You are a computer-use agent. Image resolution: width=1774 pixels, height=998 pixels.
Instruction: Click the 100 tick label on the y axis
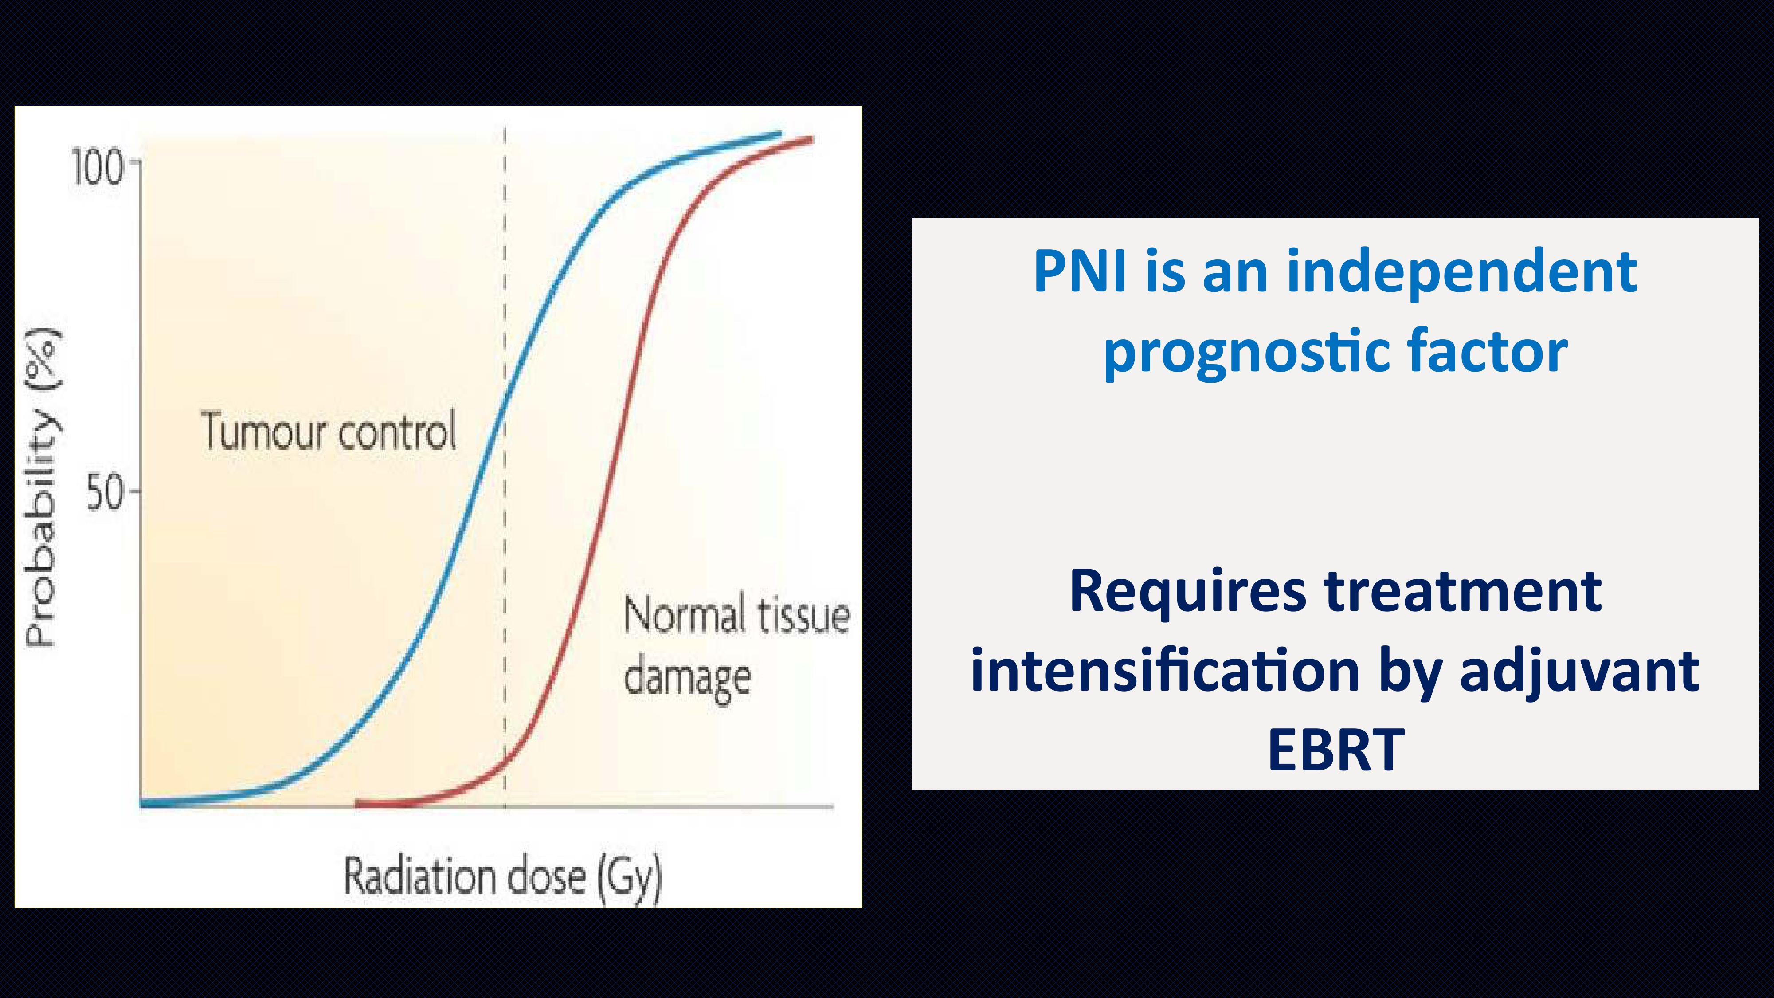point(98,169)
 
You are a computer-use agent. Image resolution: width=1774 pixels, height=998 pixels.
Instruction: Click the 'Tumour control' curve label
point(329,431)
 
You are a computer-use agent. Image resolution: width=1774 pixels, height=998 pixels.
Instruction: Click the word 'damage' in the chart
point(687,679)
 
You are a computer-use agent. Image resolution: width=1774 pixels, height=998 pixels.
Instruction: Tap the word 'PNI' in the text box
point(1080,271)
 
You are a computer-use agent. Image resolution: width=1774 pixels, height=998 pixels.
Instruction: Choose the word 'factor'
point(1488,351)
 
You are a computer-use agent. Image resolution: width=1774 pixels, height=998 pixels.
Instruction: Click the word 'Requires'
point(1187,592)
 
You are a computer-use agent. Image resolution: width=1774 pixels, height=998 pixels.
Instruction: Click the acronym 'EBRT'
point(1335,750)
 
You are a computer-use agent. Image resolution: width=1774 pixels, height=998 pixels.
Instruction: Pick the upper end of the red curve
point(811,140)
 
